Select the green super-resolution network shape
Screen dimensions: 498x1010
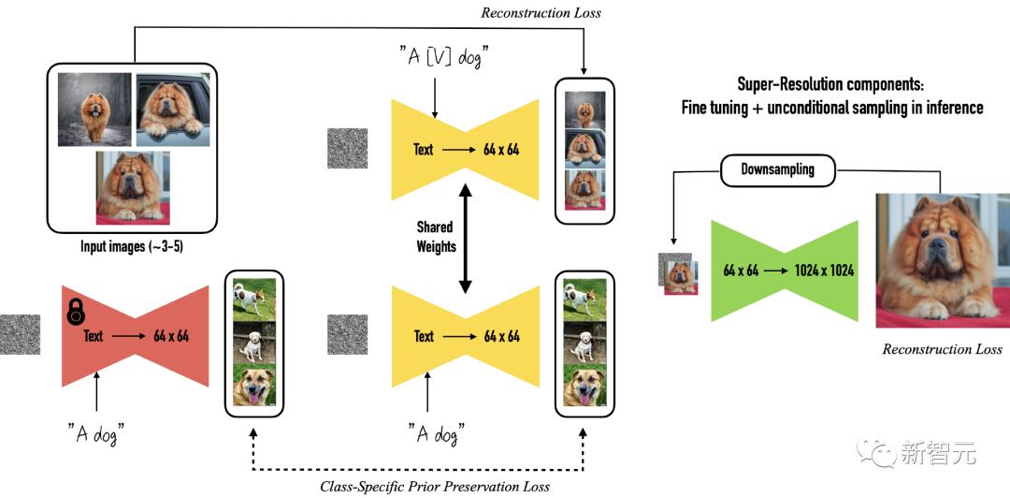[786, 271]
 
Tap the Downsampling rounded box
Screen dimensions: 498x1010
[777, 169]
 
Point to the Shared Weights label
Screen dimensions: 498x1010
[436, 236]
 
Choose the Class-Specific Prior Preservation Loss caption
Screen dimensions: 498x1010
[434, 486]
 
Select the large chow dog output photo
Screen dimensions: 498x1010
[942, 259]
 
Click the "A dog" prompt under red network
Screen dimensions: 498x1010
[96, 432]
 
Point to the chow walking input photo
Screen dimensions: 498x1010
[94, 109]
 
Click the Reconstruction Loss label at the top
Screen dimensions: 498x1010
[541, 12]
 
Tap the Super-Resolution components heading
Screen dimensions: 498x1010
[831, 95]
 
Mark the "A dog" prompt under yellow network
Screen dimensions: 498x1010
[436, 432]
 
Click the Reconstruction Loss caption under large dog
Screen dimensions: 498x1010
[942, 349]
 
